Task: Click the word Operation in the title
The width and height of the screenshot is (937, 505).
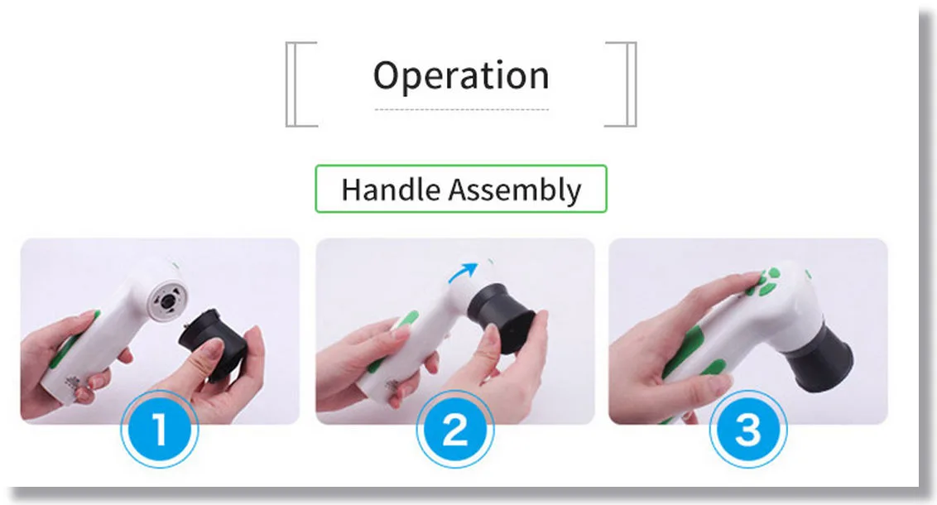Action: tap(461, 76)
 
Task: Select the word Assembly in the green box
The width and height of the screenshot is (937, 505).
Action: tap(515, 190)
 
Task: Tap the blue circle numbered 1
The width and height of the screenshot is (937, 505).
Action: tap(159, 429)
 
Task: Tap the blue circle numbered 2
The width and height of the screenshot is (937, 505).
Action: tap(454, 429)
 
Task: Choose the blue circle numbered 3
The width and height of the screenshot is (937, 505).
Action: tap(748, 429)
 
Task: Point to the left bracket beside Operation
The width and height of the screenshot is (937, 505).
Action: tap(293, 84)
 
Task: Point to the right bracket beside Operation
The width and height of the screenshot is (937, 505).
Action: tap(629, 84)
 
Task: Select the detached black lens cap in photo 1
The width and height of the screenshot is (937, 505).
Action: tap(213, 344)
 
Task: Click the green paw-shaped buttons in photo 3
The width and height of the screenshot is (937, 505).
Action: tap(766, 281)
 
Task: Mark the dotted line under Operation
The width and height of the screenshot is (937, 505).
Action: tap(461, 109)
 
